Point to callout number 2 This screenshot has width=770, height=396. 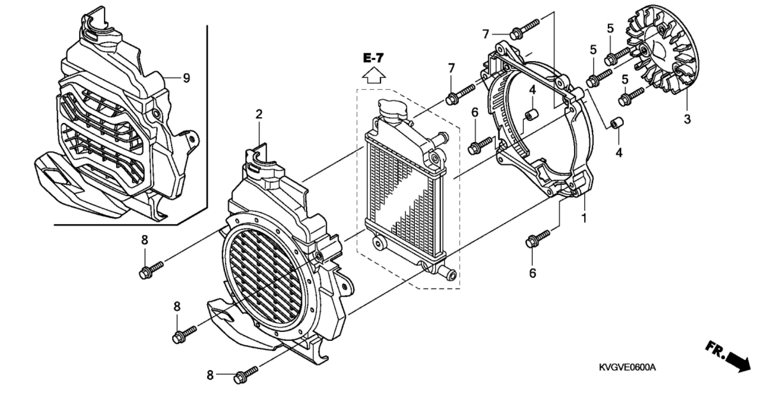click(259, 114)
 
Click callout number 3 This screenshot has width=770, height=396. click(687, 119)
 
